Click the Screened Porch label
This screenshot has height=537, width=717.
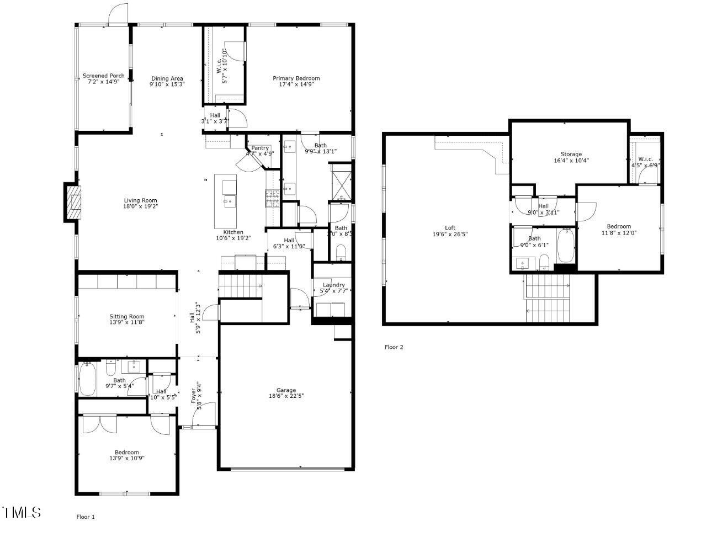pyautogui.click(x=103, y=76)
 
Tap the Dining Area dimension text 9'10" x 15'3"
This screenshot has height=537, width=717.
pyautogui.click(x=167, y=85)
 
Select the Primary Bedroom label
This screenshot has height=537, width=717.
pyautogui.click(x=296, y=78)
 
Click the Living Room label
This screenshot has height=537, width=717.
pyautogui.click(x=140, y=200)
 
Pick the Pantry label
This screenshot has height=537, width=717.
pyautogui.click(x=260, y=148)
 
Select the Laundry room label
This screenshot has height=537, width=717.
pyautogui.click(x=333, y=285)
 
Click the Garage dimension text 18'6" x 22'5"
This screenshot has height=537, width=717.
pyautogui.click(x=286, y=396)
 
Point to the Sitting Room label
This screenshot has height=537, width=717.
pyautogui.click(x=126, y=317)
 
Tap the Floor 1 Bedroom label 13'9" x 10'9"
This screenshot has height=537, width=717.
pyautogui.click(x=126, y=458)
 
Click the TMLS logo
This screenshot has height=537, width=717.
pyautogui.click(x=22, y=512)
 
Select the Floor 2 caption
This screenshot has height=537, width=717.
pyautogui.click(x=394, y=347)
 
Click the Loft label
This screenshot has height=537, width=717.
pyautogui.click(x=450, y=227)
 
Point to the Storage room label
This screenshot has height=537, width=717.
pyautogui.click(x=571, y=154)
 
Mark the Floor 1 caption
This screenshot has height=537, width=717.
pyautogui.click(x=86, y=517)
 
